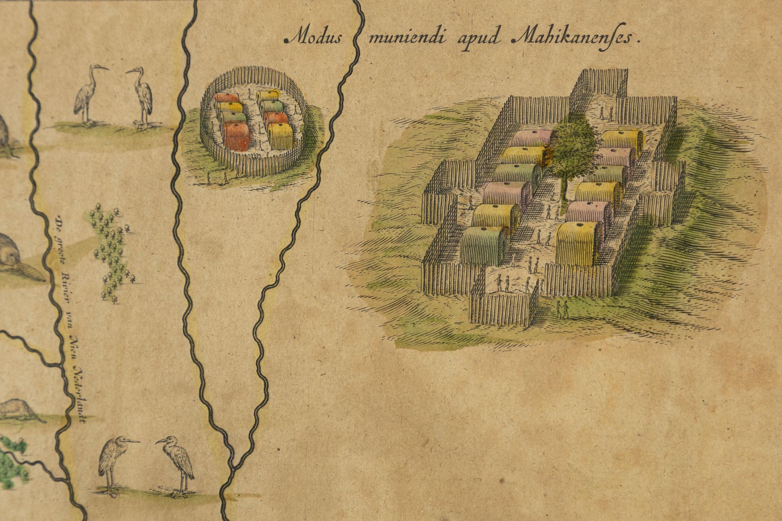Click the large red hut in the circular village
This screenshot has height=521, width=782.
(x=237, y=137)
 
